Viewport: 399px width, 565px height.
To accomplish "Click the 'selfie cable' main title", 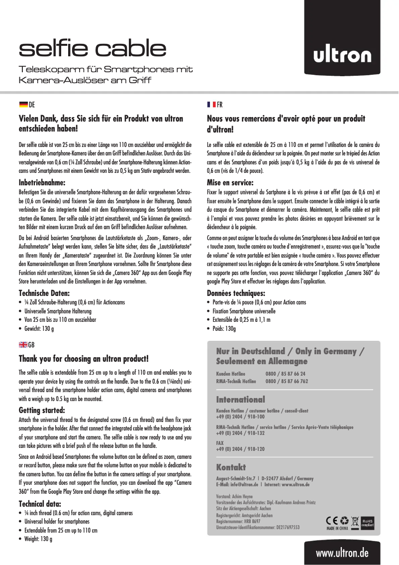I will [92, 48].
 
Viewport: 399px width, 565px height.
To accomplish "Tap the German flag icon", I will [23, 105].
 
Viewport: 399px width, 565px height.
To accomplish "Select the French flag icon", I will [211, 105].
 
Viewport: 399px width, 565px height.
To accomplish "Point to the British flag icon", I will [23, 345].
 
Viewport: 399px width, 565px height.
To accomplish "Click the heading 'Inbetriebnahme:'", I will [42, 181].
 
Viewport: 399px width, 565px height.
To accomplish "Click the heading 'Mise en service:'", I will [230, 182].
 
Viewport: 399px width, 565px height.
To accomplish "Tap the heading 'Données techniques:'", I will [236, 293].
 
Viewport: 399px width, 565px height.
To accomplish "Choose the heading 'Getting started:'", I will [41, 411].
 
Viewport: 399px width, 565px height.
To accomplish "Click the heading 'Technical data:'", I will [39, 504].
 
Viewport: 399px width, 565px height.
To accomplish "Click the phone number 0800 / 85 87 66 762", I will [287, 381].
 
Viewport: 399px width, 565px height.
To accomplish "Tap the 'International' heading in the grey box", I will [240, 400].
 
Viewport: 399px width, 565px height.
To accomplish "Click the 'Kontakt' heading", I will [231, 467].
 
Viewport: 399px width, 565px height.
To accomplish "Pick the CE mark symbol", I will [331, 521].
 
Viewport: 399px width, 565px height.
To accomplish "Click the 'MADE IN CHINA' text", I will [337, 529].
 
